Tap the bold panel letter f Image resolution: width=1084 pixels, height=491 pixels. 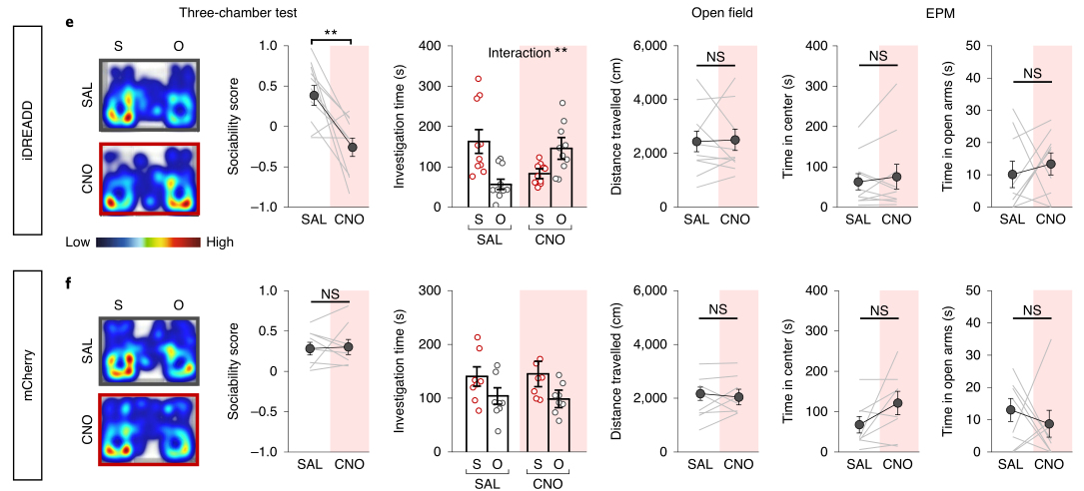coord(69,281)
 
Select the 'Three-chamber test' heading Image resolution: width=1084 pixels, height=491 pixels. coord(227,11)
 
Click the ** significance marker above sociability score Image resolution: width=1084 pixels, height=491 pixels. coord(330,34)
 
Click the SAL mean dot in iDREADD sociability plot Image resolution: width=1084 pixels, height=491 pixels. coord(314,96)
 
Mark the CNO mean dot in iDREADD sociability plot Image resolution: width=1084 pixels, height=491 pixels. coord(352,147)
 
